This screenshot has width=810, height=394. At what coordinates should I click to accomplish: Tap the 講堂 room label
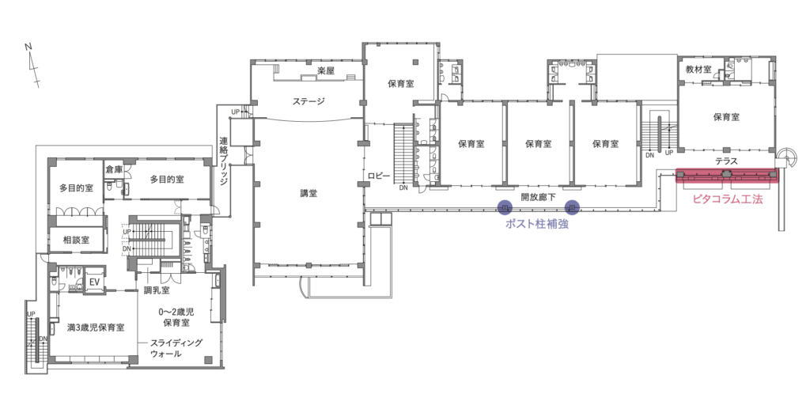pos(308,194)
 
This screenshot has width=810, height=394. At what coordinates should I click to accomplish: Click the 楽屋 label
pos(327,72)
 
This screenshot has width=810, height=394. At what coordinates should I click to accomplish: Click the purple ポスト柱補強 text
pos(538,224)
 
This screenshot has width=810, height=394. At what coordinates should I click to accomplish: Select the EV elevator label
pos(93,282)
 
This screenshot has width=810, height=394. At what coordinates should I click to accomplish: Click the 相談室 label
pos(75,240)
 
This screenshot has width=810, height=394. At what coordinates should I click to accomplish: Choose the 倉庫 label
pos(114,169)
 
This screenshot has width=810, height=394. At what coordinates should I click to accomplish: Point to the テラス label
pos(726,161)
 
